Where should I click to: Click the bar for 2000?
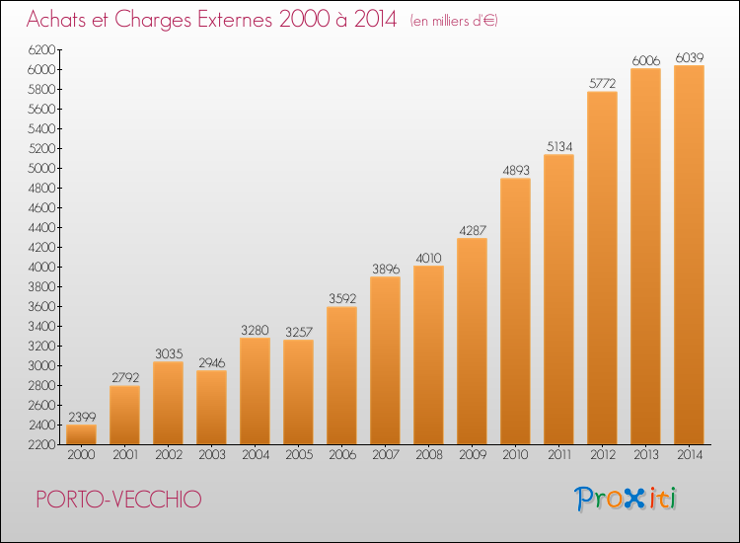[x=81, y=434]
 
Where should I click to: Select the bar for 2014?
[x=689, y=255]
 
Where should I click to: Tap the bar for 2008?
[x=428, y=355]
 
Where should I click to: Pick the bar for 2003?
[x=211, y=408]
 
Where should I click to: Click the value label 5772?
[x=602, y=84]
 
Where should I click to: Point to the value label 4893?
[x=516, y=171]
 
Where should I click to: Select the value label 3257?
[x=299, y=332]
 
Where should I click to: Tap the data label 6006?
[x=646, y=60]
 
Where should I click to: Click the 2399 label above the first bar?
[x=82, y=417]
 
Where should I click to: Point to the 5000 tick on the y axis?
[x=42, y=169]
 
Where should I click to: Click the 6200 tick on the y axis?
[x=42, y=50]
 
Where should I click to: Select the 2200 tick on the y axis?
[x=42, y=445]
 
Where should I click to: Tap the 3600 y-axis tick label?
[x=42, y=307]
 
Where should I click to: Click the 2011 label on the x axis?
[x=559, y=455]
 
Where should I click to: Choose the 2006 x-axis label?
[x=342, y=455]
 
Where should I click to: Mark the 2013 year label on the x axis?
[x=646, y=455]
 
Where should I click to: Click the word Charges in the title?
[x=153, y=20]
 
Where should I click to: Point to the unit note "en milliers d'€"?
[x=454, y=21]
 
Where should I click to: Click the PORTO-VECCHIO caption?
[x=119, y=500]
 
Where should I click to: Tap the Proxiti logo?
[x=626, y=499]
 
